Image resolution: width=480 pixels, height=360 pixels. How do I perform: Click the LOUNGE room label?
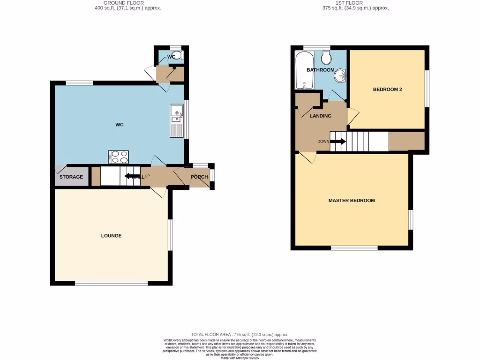111,236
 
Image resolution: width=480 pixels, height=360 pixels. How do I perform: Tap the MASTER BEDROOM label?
351,201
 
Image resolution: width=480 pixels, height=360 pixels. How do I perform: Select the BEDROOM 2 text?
387,90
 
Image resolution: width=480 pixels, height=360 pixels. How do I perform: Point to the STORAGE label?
71,177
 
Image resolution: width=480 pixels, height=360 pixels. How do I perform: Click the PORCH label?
199,177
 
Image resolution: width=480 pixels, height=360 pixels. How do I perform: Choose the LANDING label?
321,116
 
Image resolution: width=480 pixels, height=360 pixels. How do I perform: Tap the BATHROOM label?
320,70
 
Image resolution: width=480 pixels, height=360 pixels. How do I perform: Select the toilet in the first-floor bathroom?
326,58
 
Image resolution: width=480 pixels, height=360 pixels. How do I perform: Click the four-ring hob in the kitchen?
118,157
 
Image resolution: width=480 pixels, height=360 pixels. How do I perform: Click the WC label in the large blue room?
120,125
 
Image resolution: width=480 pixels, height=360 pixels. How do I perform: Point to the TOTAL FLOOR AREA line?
240,334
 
